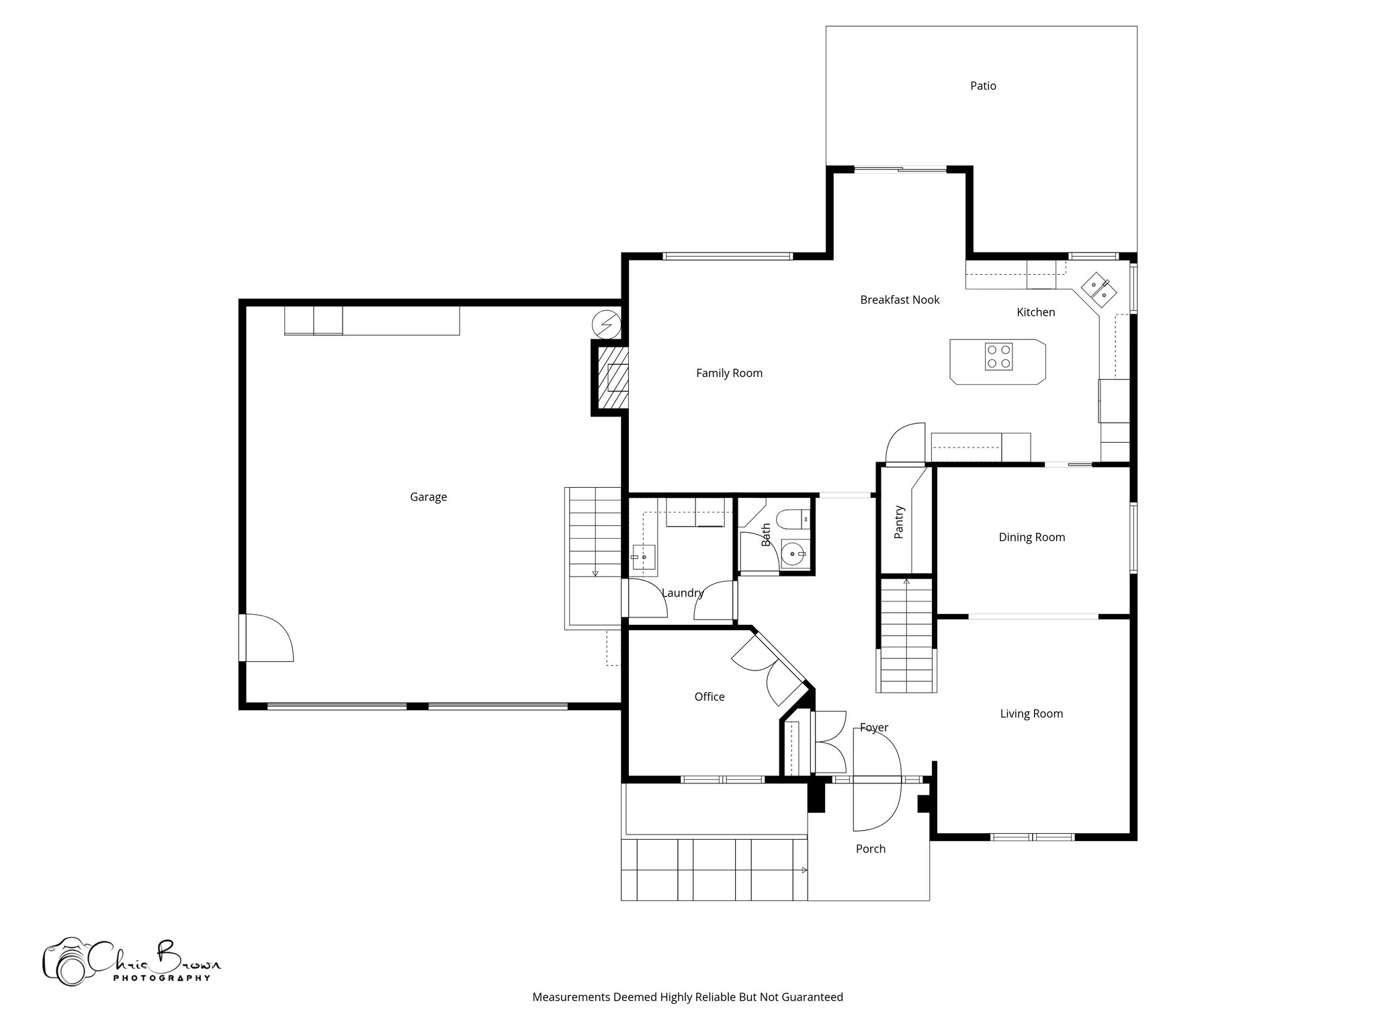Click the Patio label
pyautogui.click(x=983, y=86)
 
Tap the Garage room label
pyautogui.click(x=428, y=497)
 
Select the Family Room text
pyautogui.click(x=729, y=374)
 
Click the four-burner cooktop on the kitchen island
pyautogui.click(x=998, y=357)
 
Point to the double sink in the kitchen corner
pyautogui.click(x=1099, y=289)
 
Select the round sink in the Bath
pyautogui.click(x=794, y=554)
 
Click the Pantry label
pyautogui.click(x=899, y=523)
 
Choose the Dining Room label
pyautogui.click(x=1031, y=537)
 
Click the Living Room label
pyautogui.click(x=1031, y=714)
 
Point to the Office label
pyautogui.click(x=709, y=697)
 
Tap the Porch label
pyautogui.click(x=871, y=849)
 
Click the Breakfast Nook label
pyautogui.click(x=900, y=300)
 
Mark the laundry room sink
pyautogui.click(x=643, y=557)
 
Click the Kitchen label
pyautogui.click(x=1035, y=312)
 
